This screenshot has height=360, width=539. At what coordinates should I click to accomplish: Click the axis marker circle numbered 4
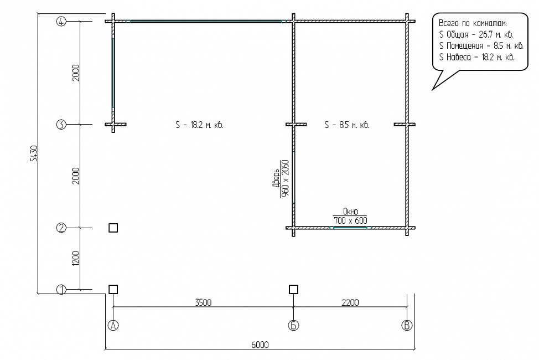click(61, 22)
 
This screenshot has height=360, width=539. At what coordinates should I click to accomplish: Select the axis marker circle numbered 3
click(61, 124)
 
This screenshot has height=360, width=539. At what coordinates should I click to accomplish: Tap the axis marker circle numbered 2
click(61, 228)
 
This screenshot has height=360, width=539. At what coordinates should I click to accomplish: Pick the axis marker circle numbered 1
click(61, 290)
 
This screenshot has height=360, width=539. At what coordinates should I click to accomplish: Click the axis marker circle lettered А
click(113, 325)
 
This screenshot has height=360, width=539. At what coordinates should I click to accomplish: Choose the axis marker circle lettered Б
click(293, 325)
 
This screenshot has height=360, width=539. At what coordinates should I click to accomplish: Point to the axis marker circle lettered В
click(407, 325)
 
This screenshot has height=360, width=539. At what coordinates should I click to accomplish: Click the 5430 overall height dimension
click(33, 153)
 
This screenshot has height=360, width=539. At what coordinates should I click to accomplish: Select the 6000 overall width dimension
click(260, 344)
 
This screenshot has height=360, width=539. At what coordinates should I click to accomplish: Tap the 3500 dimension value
click(203, 302)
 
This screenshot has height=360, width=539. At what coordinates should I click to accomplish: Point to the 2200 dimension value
click(350, 302)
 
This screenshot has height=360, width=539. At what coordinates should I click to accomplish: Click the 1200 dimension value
click(76, 258)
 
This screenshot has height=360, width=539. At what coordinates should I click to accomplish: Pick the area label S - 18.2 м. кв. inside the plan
click(199, 125)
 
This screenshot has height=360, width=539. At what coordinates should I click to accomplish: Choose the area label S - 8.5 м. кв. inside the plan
click(347, 125)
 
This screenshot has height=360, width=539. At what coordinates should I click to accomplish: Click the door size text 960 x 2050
click(285, 178)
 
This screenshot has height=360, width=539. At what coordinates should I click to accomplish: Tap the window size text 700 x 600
click(350, 220)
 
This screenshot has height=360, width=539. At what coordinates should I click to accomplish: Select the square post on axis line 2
click(113, 228)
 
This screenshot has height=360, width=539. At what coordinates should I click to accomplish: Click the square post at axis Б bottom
click(293, 290)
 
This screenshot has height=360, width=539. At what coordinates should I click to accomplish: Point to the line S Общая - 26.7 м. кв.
click(476, 35)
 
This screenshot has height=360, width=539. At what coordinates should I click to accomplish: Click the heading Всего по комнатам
click(473, 23)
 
